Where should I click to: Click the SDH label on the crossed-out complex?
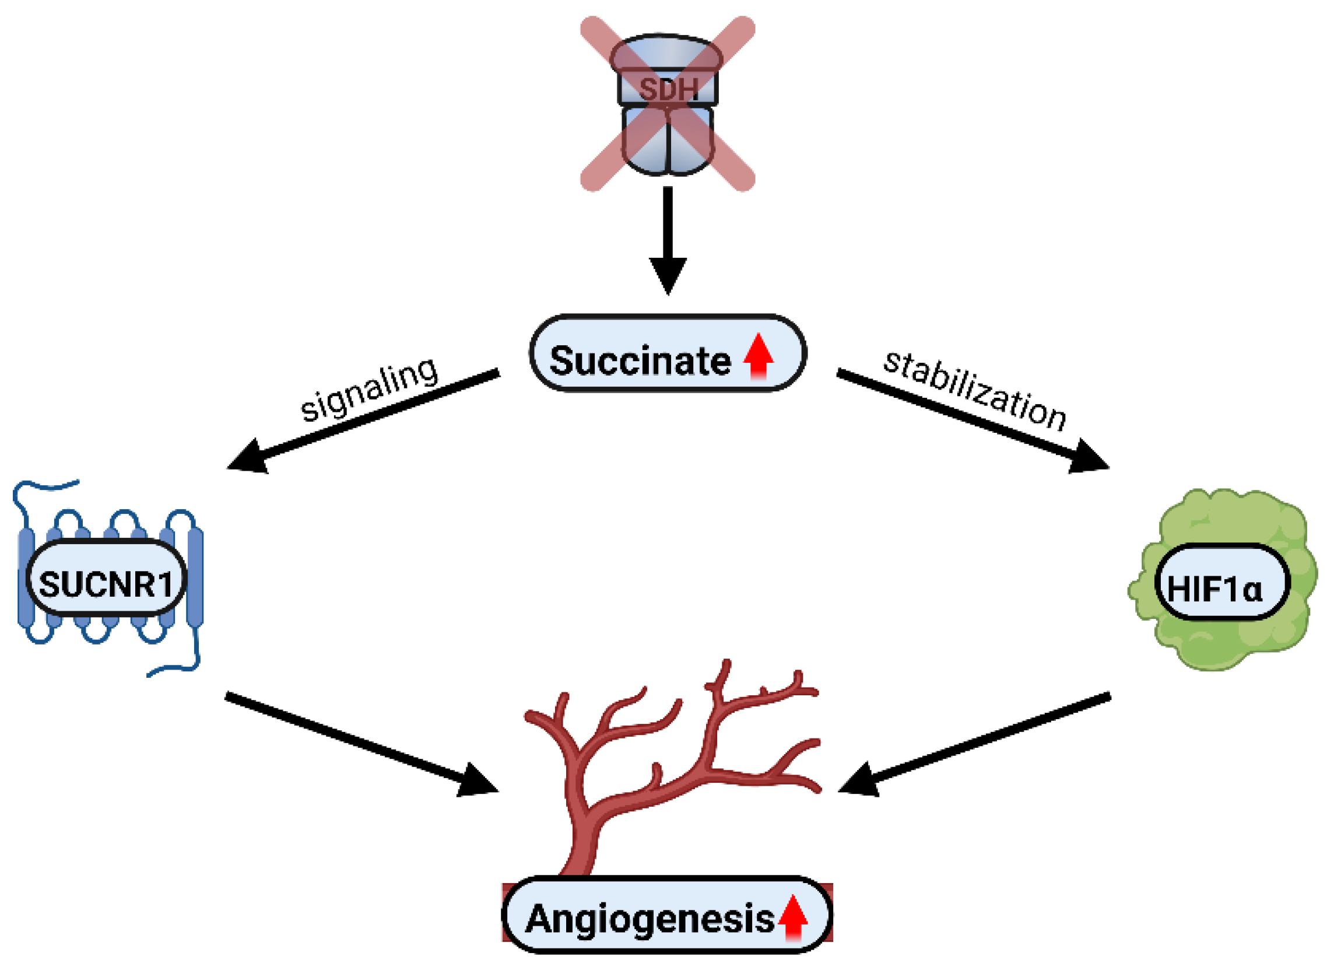coord(668,89)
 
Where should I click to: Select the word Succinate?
coord(640,360)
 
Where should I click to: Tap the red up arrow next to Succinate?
coord(759,356)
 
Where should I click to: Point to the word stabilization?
coord(974,391)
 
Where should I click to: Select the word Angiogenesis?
coord(649,919)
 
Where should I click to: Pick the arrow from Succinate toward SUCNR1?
coord(364,420)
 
